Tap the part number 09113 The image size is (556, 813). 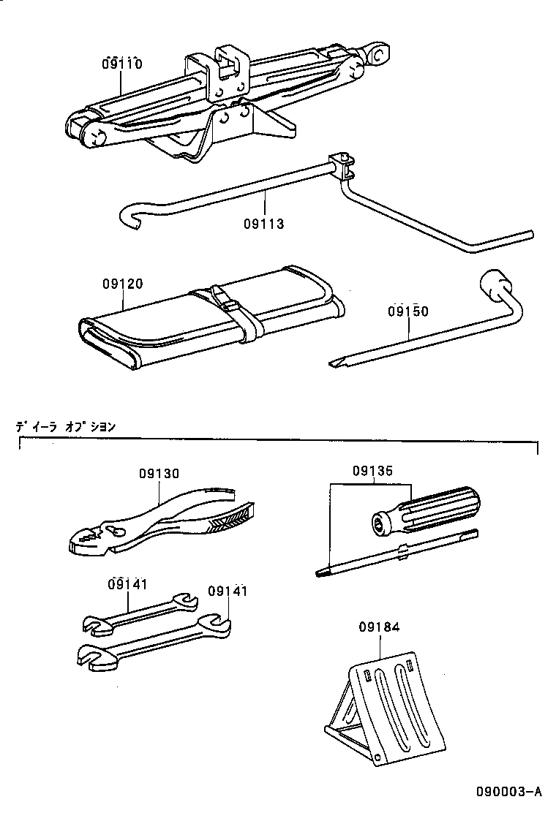click(x=263, y=224)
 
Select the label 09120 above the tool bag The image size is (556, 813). click(x=122, y=284)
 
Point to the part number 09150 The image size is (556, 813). click(x=408, y=311)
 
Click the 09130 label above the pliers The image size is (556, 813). click(x=159, y=474)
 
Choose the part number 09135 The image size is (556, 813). click(x=372, y=472)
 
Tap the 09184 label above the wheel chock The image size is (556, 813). click(x=380, y=627)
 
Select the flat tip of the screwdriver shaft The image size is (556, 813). click(x=323, y=572)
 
